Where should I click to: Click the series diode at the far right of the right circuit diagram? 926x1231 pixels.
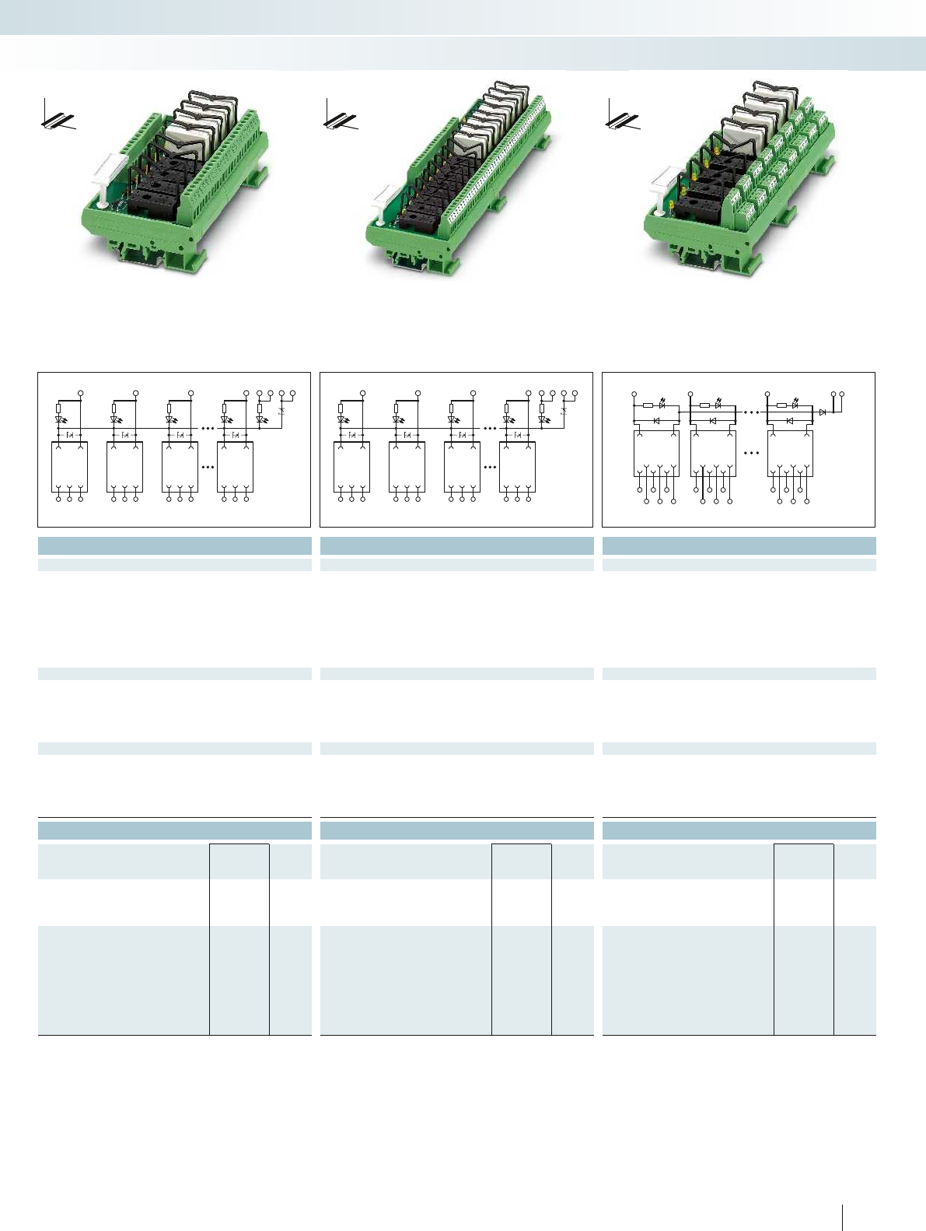click(822, 412)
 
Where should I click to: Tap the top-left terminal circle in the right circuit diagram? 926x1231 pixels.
click(634, 395)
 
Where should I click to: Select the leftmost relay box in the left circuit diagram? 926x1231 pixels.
click(70, 467)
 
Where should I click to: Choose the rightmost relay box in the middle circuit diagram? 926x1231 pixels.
click(517, 467)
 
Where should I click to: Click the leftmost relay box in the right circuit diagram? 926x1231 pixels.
click(656, 453)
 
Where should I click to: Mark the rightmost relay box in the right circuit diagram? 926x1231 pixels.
click(790, 453)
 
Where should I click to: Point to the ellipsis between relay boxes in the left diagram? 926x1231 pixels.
click(208, 468)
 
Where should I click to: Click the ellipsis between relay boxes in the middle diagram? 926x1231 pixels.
click(490, 468)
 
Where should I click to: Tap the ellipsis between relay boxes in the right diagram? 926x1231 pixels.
click(751, 452)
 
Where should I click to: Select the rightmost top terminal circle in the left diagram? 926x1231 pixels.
click(293, 393)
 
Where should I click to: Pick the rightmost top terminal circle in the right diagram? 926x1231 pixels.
click(842, 395)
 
